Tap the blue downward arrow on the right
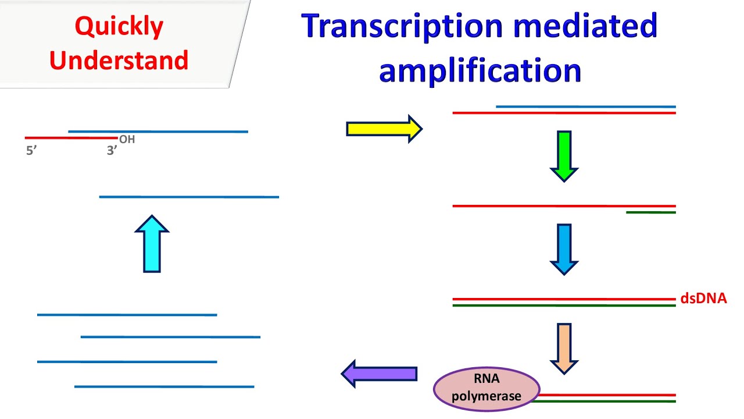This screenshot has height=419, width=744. pyautogui.click(x=564, y=249)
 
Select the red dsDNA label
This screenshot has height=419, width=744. pyautogui.click(x=703, y=299)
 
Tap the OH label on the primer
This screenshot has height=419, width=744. pyautogui.click(x=127, y=140)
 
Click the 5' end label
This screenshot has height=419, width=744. pyautogui.click(x=32, y=151)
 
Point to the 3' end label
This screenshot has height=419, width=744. pyautogui.click(x=112, y=151)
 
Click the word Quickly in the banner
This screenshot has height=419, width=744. pyautogui.click(x=119, y=27)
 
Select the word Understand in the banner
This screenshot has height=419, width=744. pyautogui.click(x=119, y=60)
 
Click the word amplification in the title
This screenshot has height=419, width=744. pyautogui.click(x=480, y=70)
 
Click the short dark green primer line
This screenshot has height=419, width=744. pyautogui.click(x=650, y=212)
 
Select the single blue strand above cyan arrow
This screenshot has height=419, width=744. pyautogui.click(x=189, y=197)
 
